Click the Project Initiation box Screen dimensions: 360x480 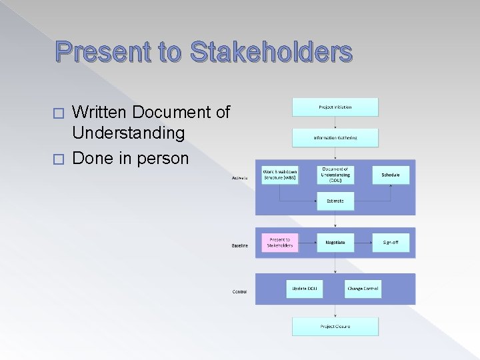335,107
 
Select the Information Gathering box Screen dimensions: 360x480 335,138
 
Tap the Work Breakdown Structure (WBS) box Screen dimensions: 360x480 280,175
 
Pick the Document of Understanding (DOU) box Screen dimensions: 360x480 335,175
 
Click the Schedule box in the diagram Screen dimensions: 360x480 391,175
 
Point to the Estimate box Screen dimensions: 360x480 335,200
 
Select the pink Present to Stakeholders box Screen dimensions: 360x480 280,242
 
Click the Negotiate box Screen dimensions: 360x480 335,243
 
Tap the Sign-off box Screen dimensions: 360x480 391,243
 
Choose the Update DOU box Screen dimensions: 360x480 304,289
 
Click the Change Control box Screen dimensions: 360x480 363,289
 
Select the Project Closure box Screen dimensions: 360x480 335,326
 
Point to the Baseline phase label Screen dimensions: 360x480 240,246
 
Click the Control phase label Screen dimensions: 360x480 239,292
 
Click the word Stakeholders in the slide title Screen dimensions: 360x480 271,52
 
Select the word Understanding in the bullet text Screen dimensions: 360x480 129,133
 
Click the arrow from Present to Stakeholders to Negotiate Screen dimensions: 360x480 308,243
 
